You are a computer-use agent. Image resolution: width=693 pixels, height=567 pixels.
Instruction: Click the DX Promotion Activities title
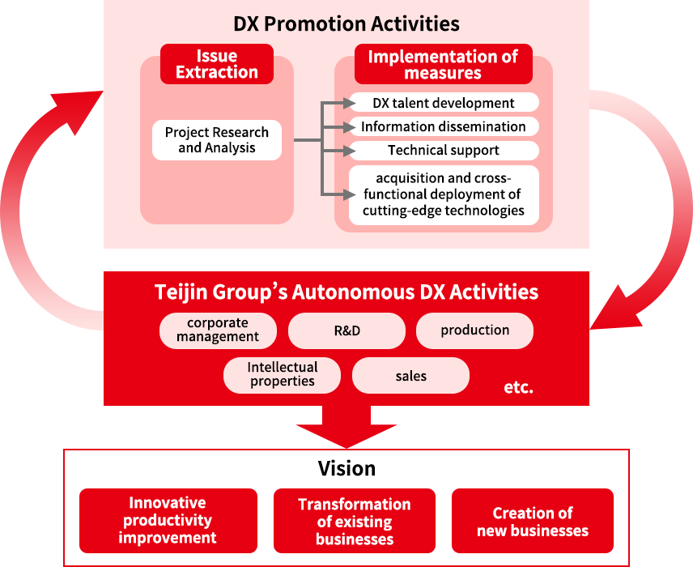pos(346,23)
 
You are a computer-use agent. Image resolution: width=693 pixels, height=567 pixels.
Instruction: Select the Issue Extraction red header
pos(216,64)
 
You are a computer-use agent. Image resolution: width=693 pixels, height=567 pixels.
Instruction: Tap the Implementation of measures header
pos(443,64)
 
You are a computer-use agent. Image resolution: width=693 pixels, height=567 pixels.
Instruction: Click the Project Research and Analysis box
pos(216,140)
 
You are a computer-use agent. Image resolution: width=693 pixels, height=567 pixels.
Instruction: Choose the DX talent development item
pos(444,103)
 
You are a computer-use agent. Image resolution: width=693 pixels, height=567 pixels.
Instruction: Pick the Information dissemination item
pos(444,126)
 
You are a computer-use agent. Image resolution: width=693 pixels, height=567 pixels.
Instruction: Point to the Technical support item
pos(444,150)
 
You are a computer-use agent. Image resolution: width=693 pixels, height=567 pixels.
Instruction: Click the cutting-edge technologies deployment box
pos(444,194)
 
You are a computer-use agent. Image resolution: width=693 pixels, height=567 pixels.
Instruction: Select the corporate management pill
pos(218,330)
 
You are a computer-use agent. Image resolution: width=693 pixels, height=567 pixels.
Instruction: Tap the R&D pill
pos(346,330)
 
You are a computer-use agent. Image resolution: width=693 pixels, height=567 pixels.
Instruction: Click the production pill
pos(474,330)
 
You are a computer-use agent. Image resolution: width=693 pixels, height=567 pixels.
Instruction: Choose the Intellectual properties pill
pos(282,374)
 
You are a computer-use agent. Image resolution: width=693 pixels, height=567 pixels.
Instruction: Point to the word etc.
pos(518,387)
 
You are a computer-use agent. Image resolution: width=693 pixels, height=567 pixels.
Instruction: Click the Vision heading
pos(346,469)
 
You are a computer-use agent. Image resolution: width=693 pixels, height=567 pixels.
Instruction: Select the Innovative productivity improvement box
pos(168,520)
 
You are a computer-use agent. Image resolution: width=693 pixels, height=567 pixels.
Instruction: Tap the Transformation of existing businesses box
pos(355,520)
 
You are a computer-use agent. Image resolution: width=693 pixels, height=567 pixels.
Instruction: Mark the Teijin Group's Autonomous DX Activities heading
pos(346,292)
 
